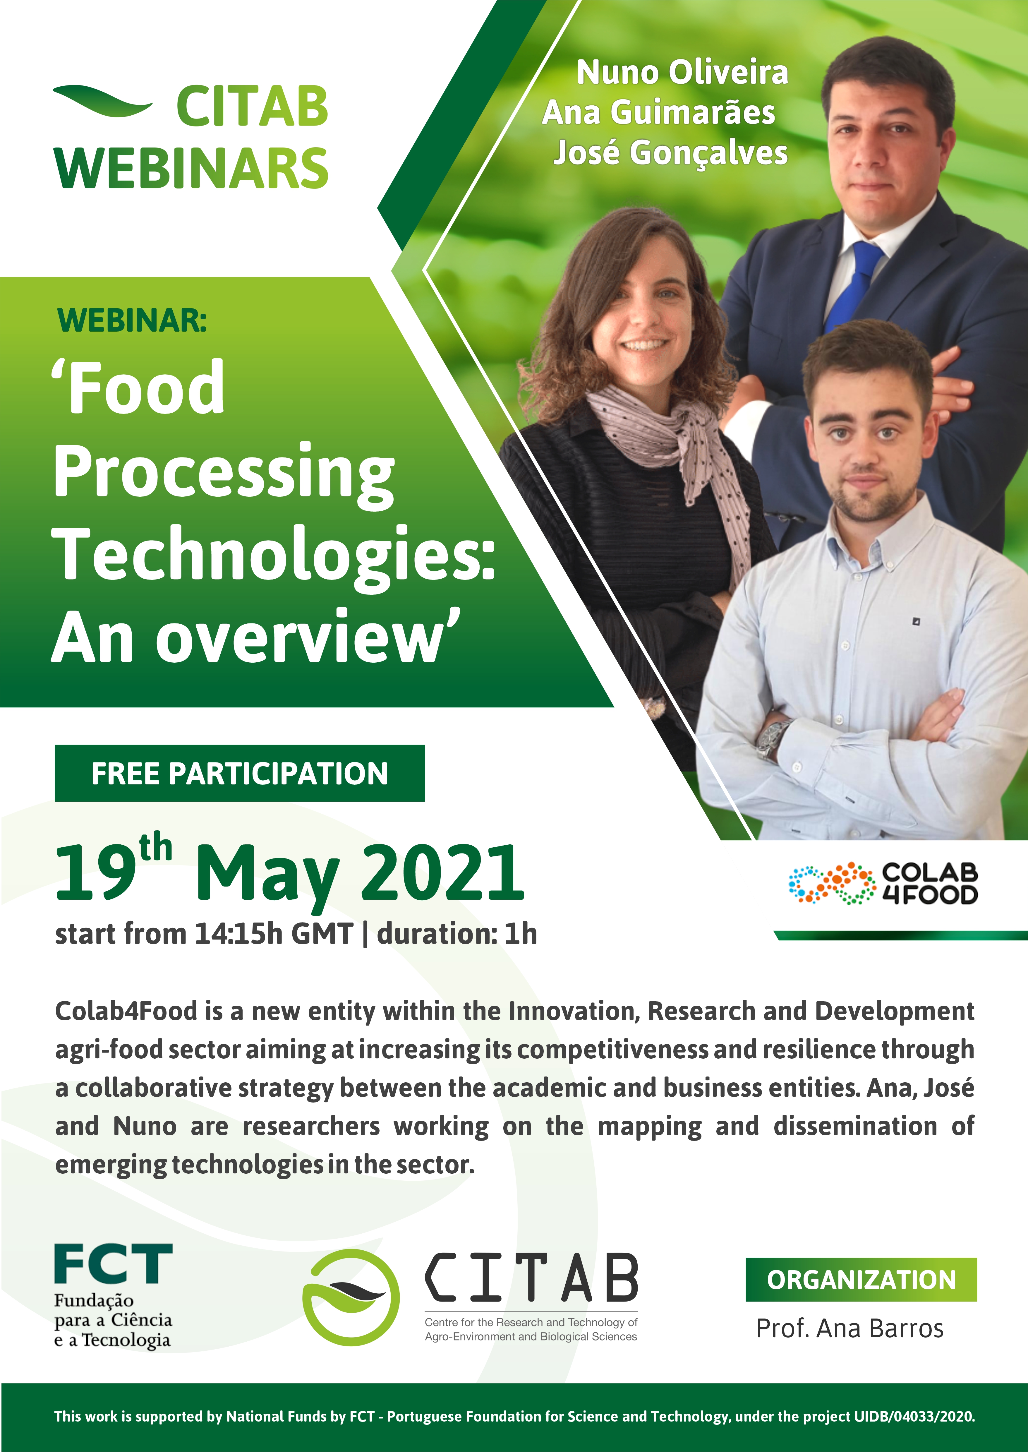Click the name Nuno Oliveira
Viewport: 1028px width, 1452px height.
[x=682, y=72]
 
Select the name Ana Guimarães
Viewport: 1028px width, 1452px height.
[x=658, y=113]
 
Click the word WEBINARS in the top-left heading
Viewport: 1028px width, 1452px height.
[x=191, y=168]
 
